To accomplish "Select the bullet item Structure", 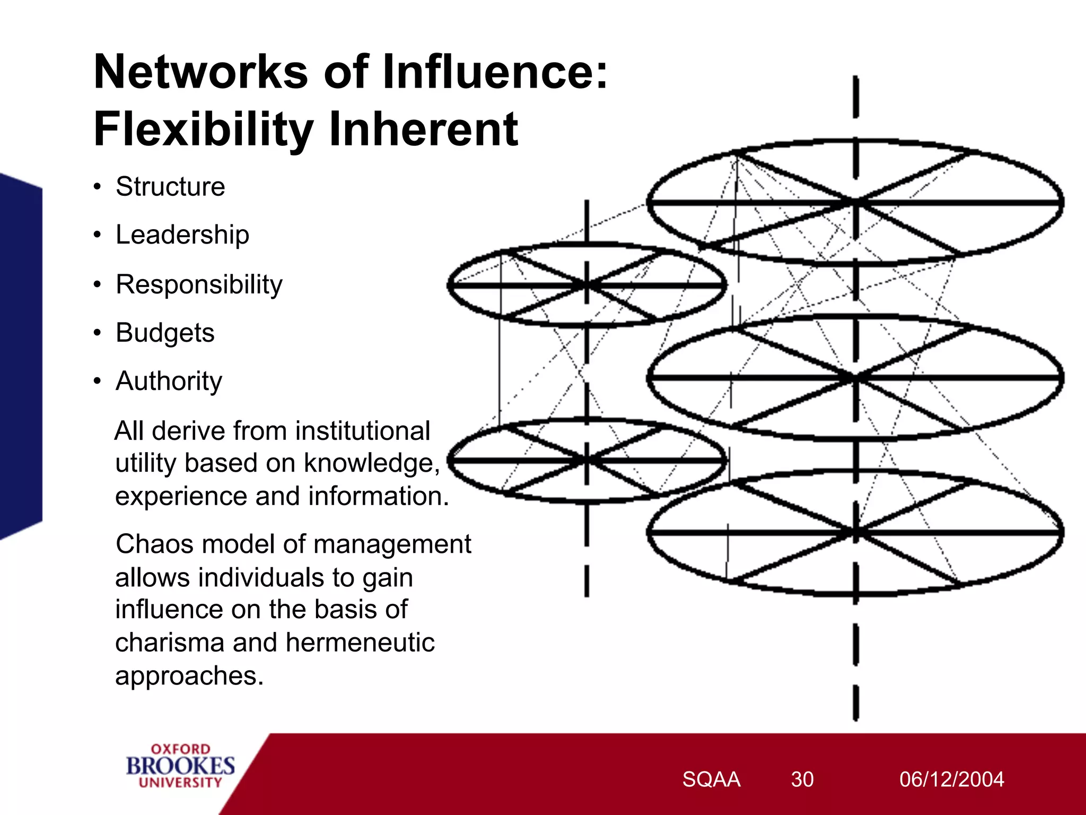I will coord(170,187).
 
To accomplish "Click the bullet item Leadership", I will coord(182,235).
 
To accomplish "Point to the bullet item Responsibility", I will coord(199,284).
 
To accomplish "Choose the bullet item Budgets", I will coord(165,333).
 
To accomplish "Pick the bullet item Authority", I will coord(169,382).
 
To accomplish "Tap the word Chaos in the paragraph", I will coord(151,544).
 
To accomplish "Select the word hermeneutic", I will coord(360,643).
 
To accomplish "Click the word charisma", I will coord(170,643).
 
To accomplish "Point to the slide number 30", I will coord(802,779).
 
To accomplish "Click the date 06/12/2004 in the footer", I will coord(951,779).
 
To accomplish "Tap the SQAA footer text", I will coord(711,779).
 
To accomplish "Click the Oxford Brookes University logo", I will coord(180,766).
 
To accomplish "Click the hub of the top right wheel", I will coord(855,202).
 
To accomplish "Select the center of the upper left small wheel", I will coord(587,285).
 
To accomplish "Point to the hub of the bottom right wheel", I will coord(855,532).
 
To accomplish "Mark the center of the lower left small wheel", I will coord(587,460).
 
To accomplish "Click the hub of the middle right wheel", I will coord(855,378).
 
